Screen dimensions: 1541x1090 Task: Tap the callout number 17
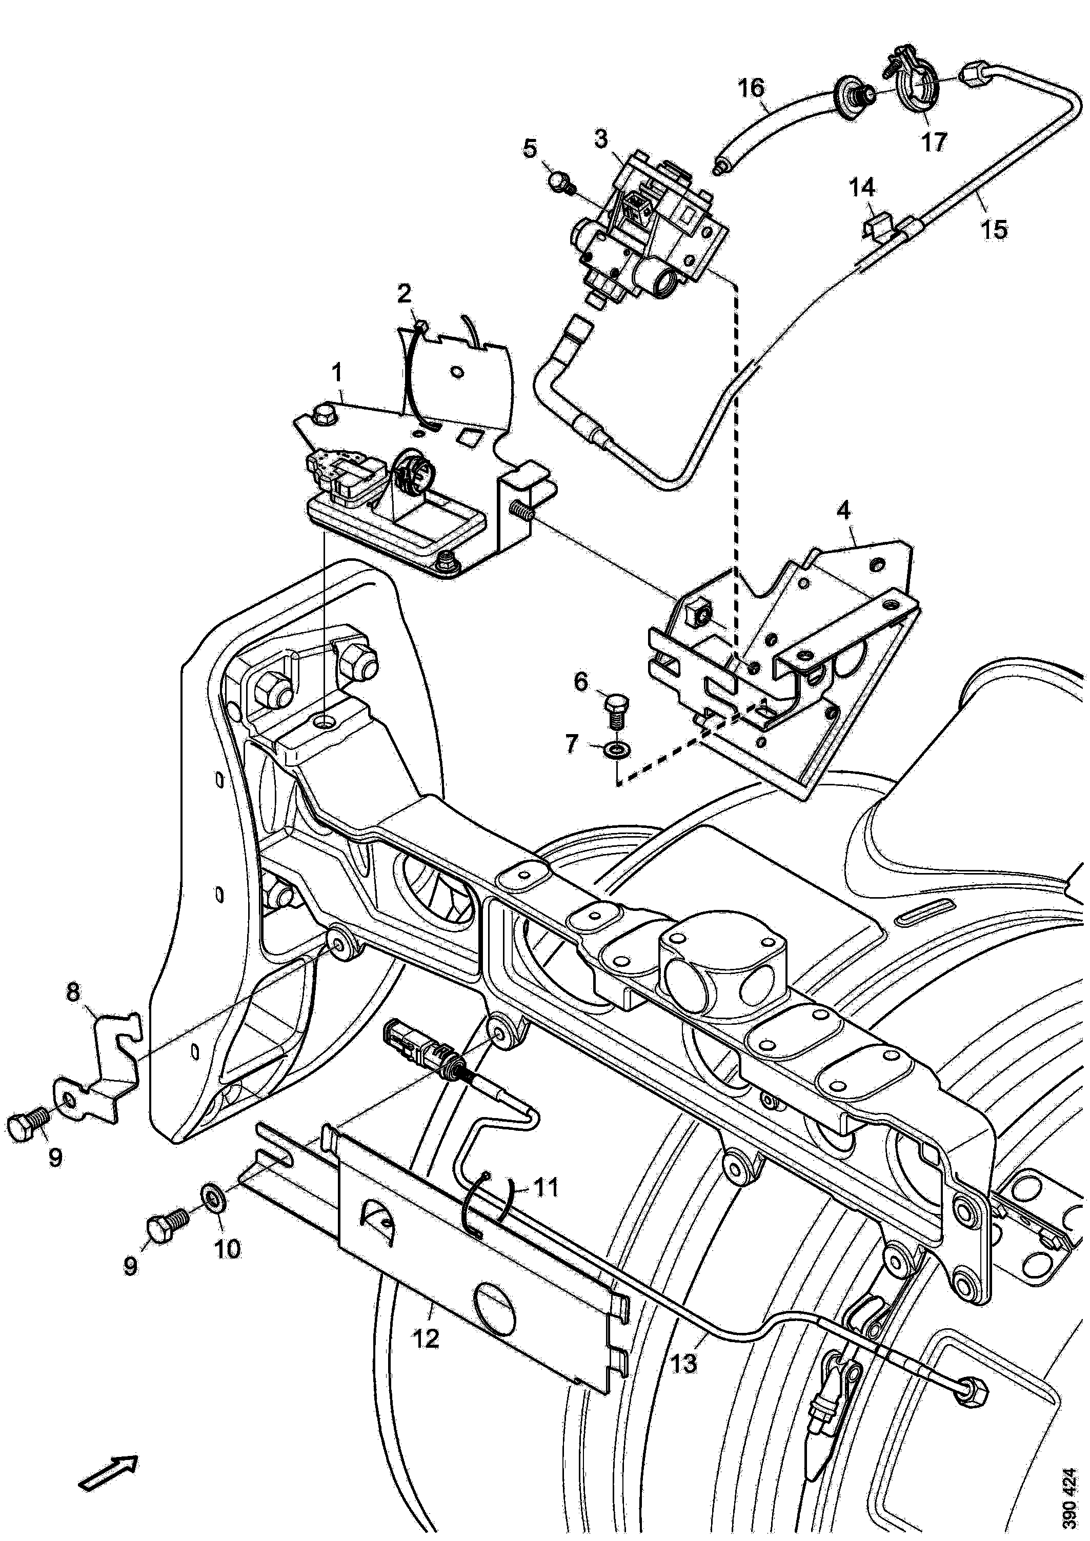coord(934,141)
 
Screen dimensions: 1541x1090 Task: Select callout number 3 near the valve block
coord(601,139)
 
